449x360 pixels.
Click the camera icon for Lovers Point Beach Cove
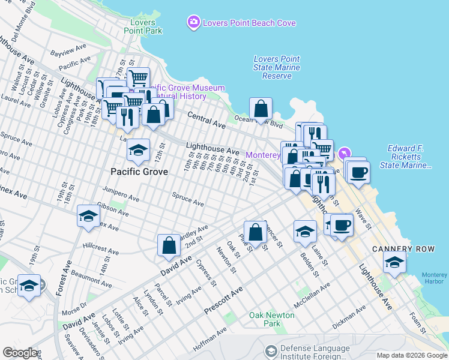point(193,23)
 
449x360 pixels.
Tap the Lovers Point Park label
point(142,26)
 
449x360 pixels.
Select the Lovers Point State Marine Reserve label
point(276,67)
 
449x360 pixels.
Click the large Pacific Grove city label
point(139,171)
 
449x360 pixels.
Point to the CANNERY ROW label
point(400,248)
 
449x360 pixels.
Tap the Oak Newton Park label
point(272,319)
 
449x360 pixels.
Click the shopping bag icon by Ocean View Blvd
point(261,109)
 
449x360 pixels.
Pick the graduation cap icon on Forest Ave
point(88,217)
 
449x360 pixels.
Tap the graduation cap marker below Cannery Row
point(395,262)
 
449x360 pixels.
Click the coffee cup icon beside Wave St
point(359,172)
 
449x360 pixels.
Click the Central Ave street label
point(206,120)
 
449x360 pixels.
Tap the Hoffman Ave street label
point(209,339)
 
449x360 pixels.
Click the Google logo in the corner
point(20,352)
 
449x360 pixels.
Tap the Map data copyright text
point(412,355)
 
